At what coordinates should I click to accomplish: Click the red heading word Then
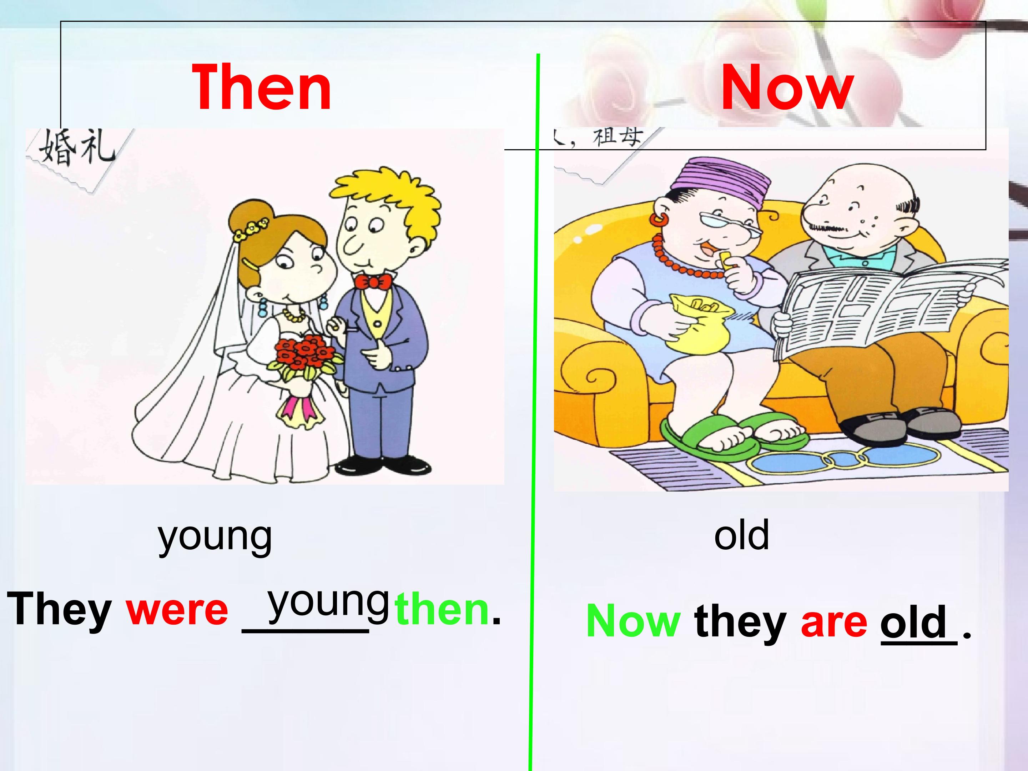coord(262,88)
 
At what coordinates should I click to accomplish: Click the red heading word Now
coord(787,88)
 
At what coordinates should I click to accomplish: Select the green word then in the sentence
coord(442,610)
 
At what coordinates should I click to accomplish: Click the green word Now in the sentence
coord(634,621)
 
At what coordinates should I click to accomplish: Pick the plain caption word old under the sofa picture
coord(741,535)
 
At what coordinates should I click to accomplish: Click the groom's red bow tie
coord(372,282)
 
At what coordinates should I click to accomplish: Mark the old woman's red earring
coord(660,218)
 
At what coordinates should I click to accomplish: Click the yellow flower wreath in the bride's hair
coord(251,229)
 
